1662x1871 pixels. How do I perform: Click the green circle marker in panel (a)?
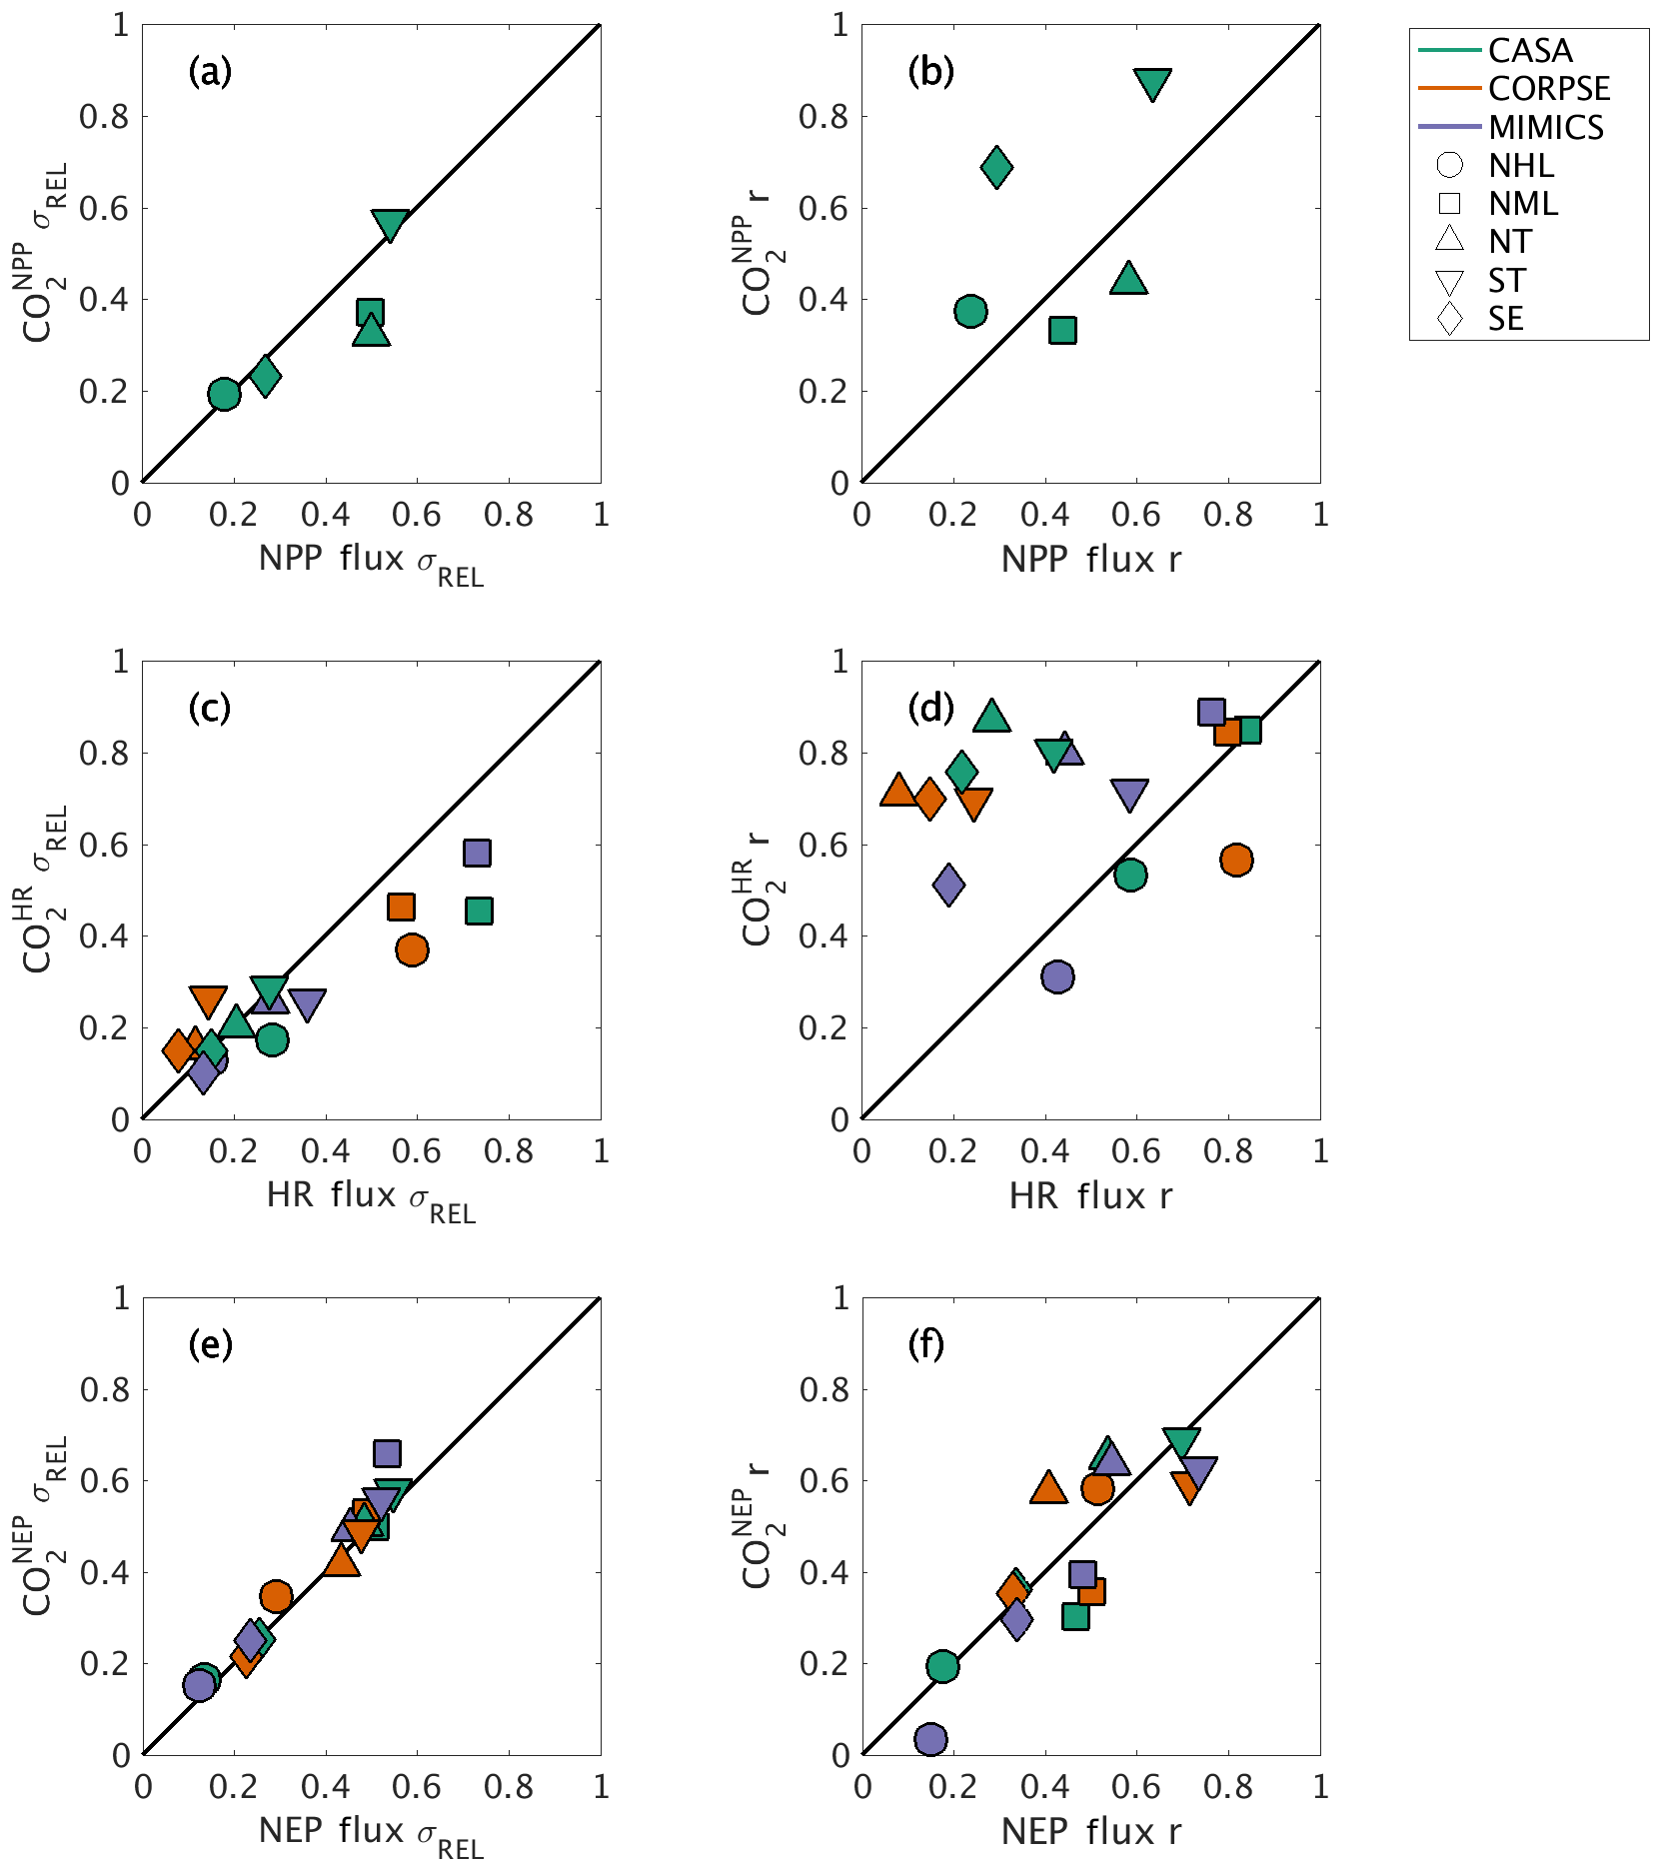tap(224, 394)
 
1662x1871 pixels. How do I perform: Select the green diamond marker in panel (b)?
tap(996, 167)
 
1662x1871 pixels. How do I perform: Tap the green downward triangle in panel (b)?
tap(1152, 84)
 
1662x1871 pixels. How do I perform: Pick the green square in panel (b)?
tap(1062, 330)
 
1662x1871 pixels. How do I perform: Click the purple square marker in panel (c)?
tap(477, 853)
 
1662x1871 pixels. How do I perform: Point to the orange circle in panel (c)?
tap(412, 949)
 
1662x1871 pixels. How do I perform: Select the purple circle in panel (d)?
tap(1057, 976)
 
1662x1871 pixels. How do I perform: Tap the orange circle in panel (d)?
tap(1236, 860)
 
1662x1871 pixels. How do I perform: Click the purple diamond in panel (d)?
tap(948, 885)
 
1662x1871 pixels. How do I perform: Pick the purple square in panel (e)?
tap(387, 1453)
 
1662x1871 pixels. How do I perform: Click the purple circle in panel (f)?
tap(930, 1739)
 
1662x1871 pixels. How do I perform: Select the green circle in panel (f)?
tap(942, 1666)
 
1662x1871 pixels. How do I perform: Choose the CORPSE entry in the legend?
tap(1548, 89)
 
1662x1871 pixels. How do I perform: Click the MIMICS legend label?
tap(1545, 128)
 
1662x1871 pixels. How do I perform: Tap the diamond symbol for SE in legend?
tap(1449, 319)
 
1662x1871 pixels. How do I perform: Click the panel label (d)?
tap(930, 708)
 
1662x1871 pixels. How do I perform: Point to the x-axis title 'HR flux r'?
tap(1090, 1195)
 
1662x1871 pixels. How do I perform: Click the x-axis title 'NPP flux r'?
tap(1090, 560)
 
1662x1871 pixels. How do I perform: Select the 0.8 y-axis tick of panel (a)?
tap(104, 117)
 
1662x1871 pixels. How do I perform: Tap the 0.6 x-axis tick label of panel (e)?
tap(417, 1787)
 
